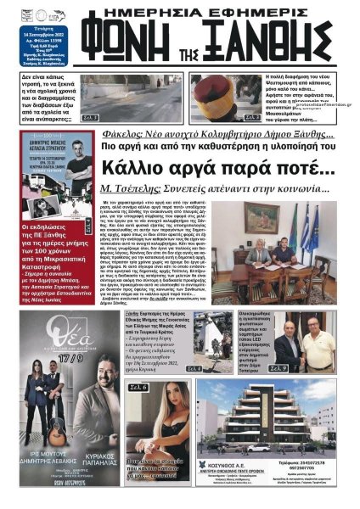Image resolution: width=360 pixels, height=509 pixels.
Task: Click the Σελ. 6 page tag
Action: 139,388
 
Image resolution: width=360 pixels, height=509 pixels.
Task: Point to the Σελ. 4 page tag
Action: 194,369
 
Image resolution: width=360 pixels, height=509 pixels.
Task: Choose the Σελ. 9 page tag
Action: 324,369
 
